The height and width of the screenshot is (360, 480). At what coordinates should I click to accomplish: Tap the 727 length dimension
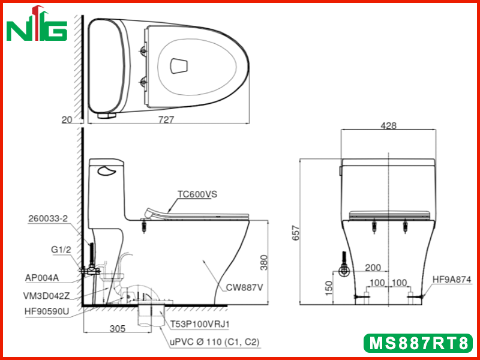point(166,119)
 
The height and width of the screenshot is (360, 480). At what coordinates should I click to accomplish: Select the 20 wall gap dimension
point(67,119)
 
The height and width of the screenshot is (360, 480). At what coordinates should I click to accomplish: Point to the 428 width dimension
point(388,125)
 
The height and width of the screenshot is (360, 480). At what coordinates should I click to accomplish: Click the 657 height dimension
point(296,233)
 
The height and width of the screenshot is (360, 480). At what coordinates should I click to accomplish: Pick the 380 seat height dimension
point(263,262)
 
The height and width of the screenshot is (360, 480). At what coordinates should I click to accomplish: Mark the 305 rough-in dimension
point(118,328)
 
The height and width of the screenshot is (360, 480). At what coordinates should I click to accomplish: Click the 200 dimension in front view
point(373,268)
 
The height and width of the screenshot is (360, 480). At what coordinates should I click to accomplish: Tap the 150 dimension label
point(328,288)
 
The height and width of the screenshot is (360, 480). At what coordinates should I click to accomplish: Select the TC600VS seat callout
point(197,194)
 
